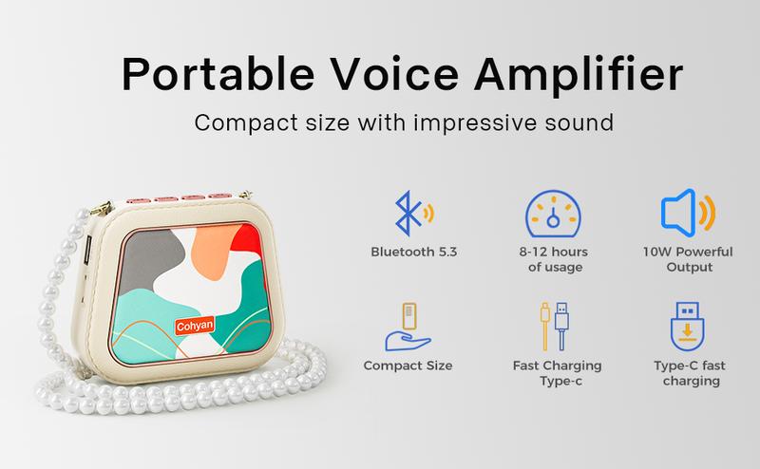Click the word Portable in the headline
click(218, 74)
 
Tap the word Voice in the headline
click(394, 73)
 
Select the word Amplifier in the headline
click(579, 74)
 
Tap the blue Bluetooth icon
click(413, 214)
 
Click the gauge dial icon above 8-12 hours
click(553, 214)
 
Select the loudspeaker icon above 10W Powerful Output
click(688, 213)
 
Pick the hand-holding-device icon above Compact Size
click(408, 327)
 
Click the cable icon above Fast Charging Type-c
click(555, 326)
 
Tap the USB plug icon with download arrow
click(687, 326)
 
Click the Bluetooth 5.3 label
click(414, 252)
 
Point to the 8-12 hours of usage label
click(554, 259)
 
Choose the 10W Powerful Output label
click(688, 259)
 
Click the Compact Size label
click(408, 366)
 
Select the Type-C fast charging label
click(690, 373)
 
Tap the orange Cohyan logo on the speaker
click(195, 326)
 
